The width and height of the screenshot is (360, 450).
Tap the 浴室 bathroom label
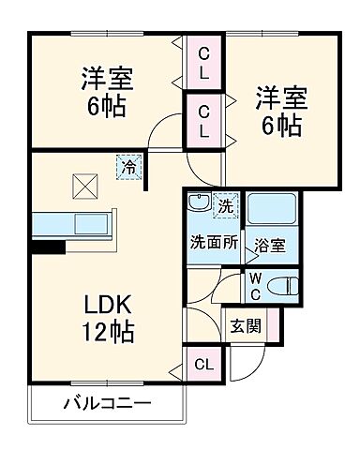tap(273, 247)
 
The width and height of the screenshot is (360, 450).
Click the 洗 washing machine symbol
tap(225, 203)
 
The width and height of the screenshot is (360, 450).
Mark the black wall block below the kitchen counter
tap(48, 247)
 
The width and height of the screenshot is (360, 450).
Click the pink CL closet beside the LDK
tap(203, 363)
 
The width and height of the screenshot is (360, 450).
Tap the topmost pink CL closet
tap(203, 63)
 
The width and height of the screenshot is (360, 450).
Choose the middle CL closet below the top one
tap(203, 122)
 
